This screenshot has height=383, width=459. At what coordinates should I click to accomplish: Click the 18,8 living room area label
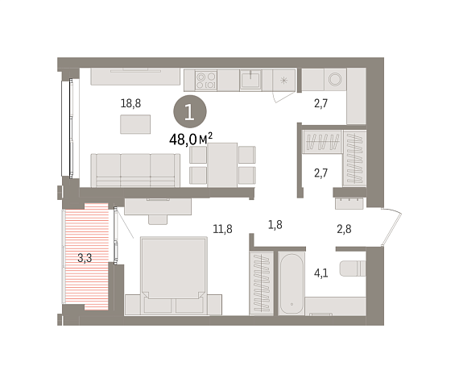point(130,103)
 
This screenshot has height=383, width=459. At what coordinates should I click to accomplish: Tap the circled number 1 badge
point(190,111)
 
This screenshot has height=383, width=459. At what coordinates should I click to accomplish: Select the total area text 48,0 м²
point(191,139)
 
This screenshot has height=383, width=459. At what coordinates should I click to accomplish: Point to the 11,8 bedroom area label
point(222,229)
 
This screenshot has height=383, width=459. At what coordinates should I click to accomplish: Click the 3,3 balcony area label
point(85,258)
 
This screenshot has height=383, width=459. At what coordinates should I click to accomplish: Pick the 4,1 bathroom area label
point(320,273)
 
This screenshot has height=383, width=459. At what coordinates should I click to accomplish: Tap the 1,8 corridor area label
point(275,225)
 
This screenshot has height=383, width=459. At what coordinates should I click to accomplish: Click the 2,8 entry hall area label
point(344,229)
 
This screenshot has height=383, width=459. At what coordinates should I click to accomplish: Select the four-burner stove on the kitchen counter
point(206,81)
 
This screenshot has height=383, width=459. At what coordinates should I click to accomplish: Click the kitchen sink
point(250,80)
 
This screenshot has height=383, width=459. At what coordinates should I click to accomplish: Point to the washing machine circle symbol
point(335,79)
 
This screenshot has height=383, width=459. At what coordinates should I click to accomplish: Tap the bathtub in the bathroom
point(292,283)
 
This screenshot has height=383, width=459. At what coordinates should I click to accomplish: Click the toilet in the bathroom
point(353,269)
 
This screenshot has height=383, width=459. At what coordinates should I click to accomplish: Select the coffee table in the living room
point(135,124)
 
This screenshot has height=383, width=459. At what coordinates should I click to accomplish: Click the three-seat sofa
point(135,170)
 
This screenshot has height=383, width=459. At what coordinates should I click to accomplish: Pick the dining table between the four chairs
point(222,165)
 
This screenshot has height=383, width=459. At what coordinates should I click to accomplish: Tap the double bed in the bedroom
point(174,276)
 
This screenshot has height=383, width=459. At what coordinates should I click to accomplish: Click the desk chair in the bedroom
point(158,219)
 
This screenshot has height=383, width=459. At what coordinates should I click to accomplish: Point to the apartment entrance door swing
point(391,227)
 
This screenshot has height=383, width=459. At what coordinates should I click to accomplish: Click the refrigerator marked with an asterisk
point(283,80)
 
